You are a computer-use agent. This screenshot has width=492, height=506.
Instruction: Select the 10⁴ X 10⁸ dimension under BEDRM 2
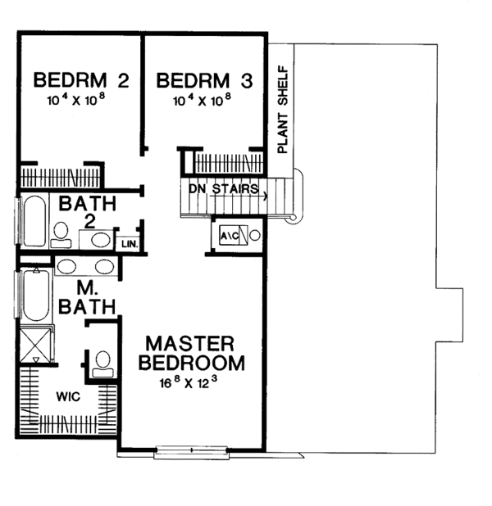pyautogui.click(x=81, y=101)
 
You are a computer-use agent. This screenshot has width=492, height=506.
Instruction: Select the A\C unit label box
pyautogui.click(x=229, y=236)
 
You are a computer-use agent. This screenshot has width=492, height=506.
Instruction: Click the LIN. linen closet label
pyautogui.click(x=129, y=244)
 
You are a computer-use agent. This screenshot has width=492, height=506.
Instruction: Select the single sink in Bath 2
pyautogui.click(x=99, y=239)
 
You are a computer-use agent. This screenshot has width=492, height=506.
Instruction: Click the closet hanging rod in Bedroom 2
pyautogui.click(x=60, y=175)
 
